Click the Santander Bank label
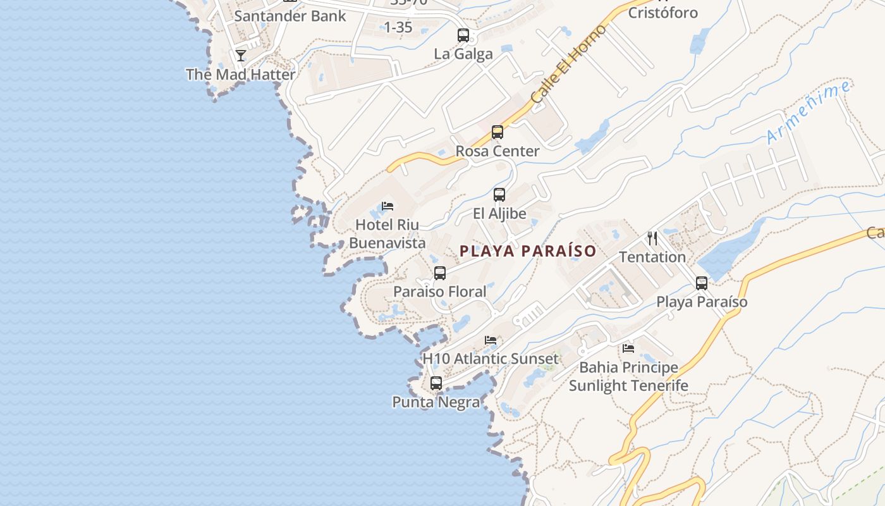click(290, 16)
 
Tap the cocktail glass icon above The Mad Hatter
click(241, 56)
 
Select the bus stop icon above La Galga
click(463, 35)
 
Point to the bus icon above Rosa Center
click(497, 132)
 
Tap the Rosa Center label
click(497, 151)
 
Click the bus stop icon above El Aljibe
click(499, 195)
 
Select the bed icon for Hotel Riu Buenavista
click(388, 206)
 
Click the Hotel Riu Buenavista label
click(387, 233)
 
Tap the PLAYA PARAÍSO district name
click(528, 251)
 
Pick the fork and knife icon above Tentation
click(652, 238)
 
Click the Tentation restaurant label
click(652, 257)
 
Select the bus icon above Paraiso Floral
click(440, 273)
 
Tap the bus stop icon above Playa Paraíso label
click(702, 283)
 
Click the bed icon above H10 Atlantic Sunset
click(491, 340)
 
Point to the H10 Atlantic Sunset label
click(491, 359)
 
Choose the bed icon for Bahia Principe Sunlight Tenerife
click(628, 349)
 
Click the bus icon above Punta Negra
click(436, 383)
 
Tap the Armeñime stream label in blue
click(809, 113)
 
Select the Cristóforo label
click(663, 13)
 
